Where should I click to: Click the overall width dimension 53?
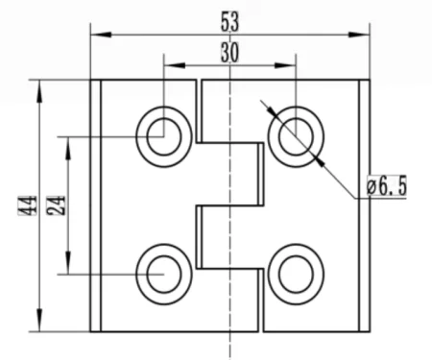tap(230, 19)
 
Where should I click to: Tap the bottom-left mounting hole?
tap(163, 273)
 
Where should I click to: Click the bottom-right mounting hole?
tap(294, 273)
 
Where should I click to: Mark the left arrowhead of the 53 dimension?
tap(97, 36)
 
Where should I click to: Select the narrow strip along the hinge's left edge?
tap(96, 205)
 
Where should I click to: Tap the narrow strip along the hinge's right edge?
tap(364, 205)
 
